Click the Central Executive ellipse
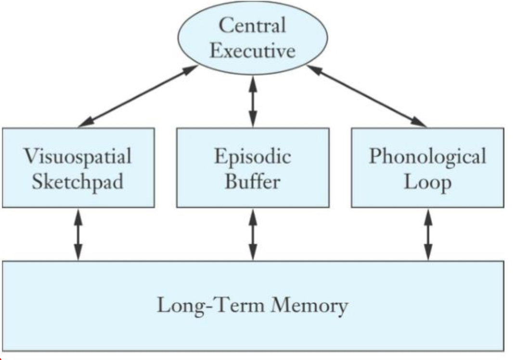252,38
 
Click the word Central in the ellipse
252,26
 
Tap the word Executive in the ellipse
252,51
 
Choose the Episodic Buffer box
253,167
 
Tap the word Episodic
253,156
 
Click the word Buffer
253,182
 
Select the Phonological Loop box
427,167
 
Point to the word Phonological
427,156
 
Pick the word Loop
427,182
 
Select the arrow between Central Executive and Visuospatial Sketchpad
138,96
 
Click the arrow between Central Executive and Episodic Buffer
253,101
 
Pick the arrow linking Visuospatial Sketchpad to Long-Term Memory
78,234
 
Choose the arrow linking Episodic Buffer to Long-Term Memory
253,234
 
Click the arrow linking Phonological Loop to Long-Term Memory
427,234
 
